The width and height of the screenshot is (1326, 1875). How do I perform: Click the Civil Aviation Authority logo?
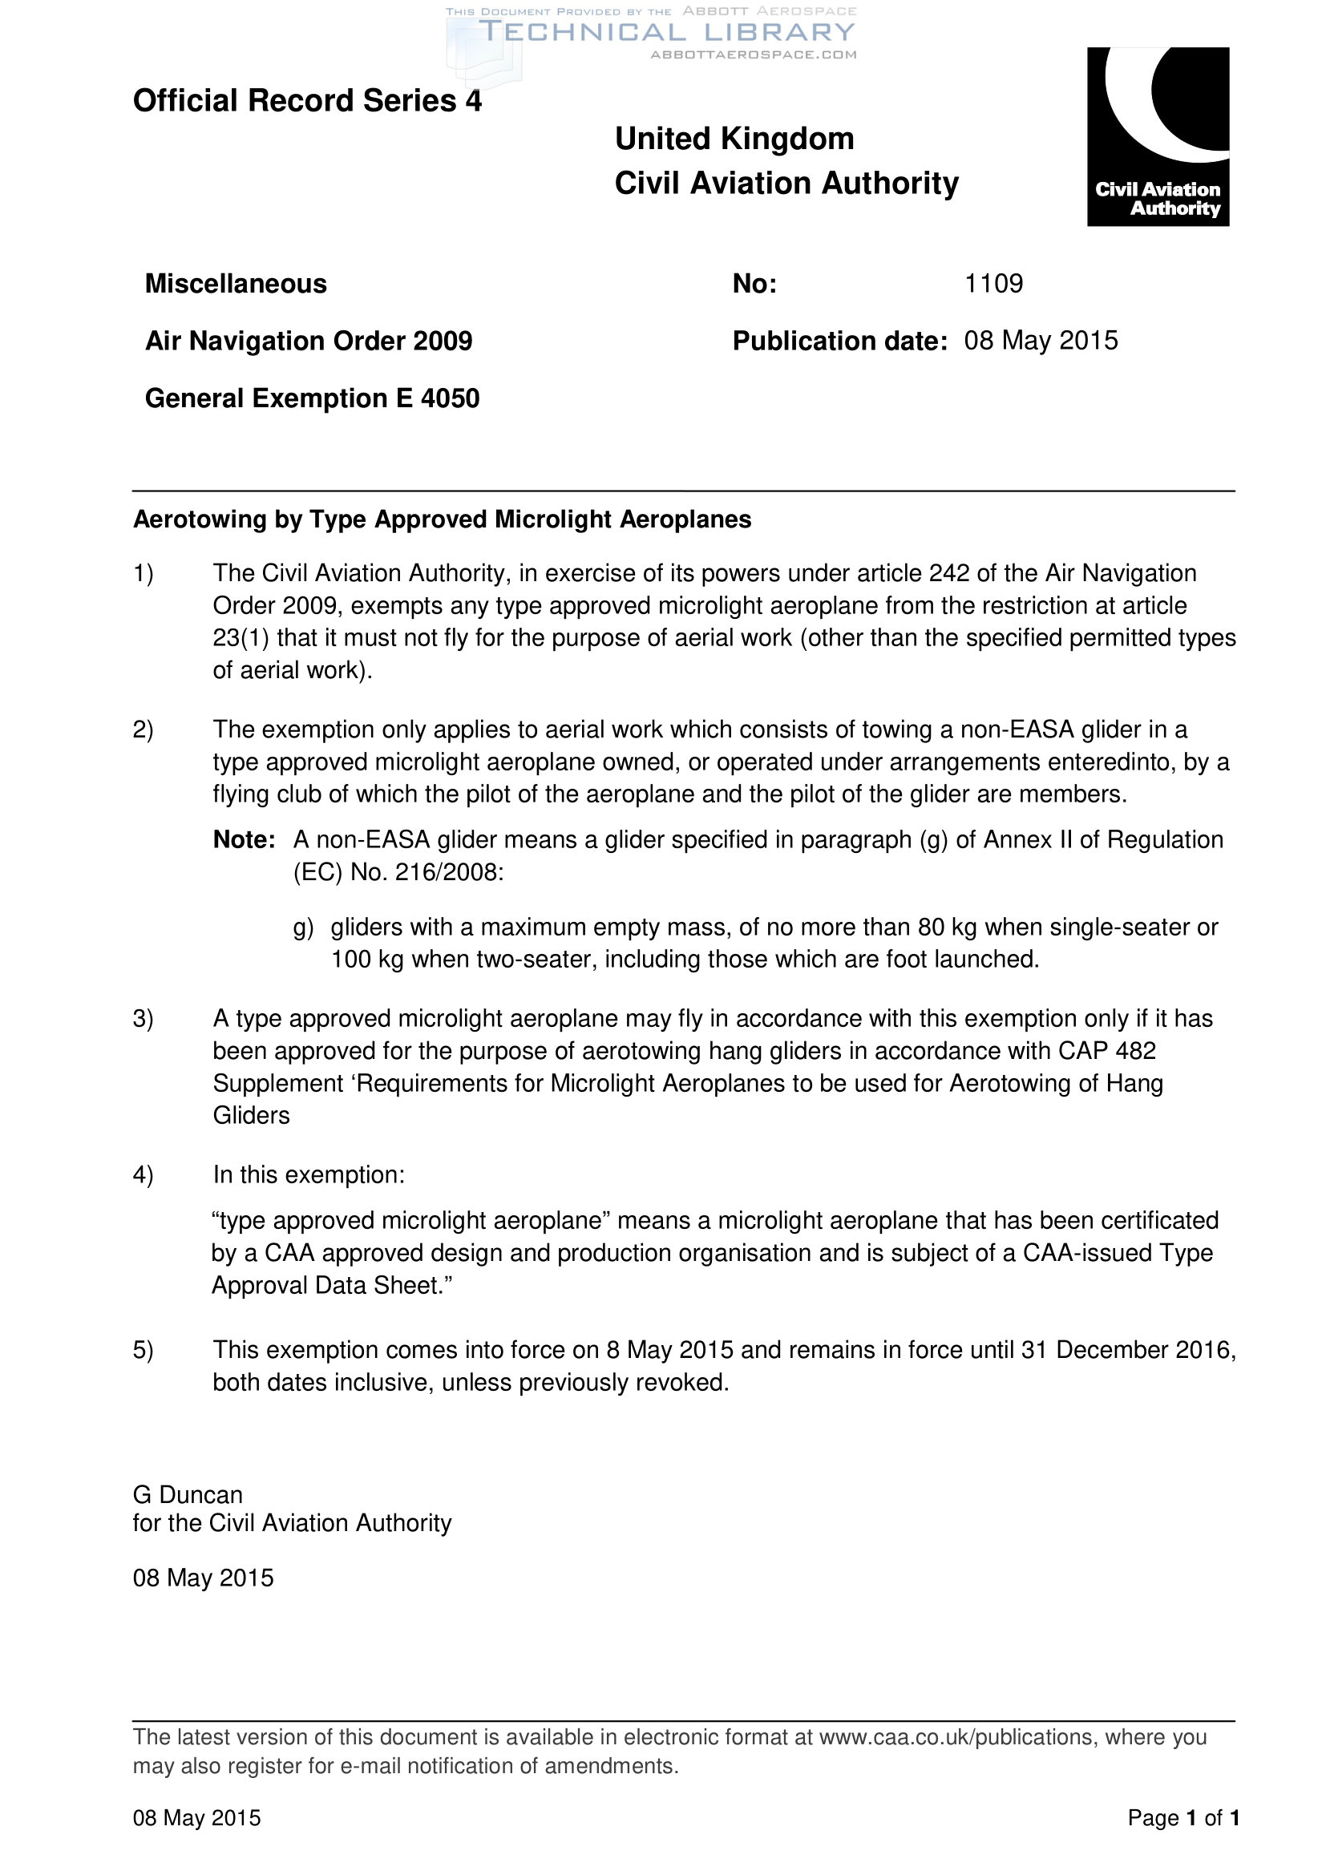point(1157,136)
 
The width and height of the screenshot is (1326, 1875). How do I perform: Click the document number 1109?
point(992,283)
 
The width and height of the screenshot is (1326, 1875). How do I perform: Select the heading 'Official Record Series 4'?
point(307,101)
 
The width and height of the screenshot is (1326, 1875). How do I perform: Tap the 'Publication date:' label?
point(839,341)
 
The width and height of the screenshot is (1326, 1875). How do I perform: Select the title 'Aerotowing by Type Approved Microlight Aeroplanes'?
point(442,519)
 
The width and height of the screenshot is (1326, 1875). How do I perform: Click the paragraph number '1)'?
point(143,573)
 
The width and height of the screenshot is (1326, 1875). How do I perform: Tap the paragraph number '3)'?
point(143,1018)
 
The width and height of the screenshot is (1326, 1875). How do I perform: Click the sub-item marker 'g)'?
point(303,927)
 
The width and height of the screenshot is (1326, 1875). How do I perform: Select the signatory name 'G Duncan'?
point(188,1494)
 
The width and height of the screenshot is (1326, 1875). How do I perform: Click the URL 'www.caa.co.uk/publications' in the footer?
point(956,1737)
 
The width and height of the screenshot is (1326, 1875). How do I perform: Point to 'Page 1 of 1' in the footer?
point(1183,1818)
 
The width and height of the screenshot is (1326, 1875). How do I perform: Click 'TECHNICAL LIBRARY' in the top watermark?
point(666,32)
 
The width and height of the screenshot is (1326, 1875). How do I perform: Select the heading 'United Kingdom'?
point(734,139)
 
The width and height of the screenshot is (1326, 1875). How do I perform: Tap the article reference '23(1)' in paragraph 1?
point(241,638)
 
